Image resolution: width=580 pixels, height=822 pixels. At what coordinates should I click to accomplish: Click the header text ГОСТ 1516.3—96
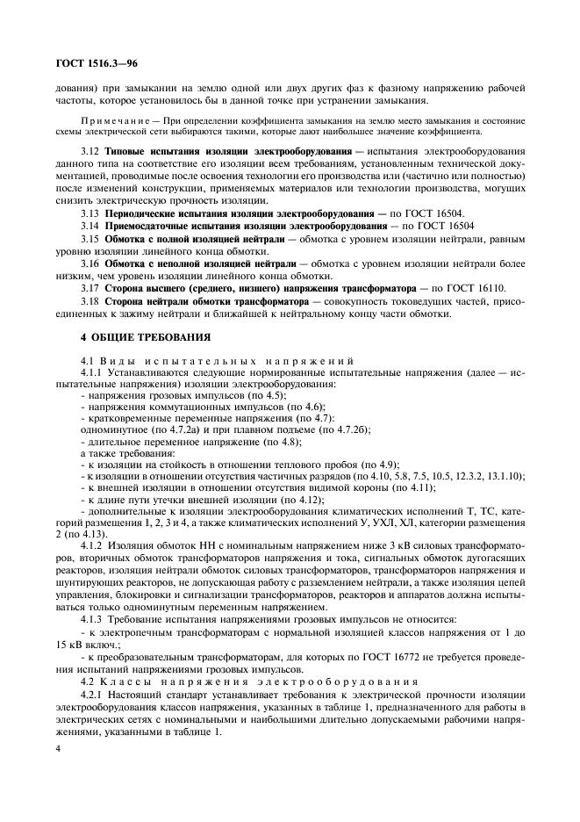coord(91,63)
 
